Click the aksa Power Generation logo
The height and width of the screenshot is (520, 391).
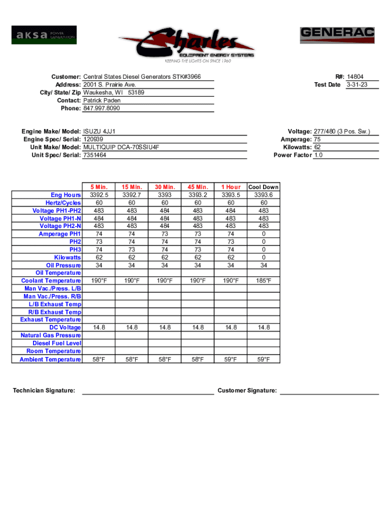[44, 35]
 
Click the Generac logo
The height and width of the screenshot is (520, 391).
[337, 35]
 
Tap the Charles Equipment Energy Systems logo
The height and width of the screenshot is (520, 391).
[186, 45]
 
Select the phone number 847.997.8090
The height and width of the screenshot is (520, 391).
[102, 109]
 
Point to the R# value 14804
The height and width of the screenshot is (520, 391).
[355, 77]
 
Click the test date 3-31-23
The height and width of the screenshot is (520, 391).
[356, 85]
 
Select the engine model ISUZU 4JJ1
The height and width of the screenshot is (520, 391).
[99, 132]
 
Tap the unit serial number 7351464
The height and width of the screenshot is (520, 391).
[95, 155]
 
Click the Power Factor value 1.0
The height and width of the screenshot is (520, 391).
[318, 155]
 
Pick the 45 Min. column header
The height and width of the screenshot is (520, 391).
[198, 187]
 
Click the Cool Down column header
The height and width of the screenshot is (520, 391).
[264, 187]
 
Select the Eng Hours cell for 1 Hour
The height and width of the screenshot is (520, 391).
[231, 194]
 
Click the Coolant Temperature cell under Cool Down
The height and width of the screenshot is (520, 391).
[264, 281]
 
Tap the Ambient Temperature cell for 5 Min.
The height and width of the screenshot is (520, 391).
[99, 360]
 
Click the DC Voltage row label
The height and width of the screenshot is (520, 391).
[63, 328]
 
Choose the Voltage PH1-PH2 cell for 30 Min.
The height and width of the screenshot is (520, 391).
[165, 210]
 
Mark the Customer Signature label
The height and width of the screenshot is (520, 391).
[247, 391]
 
